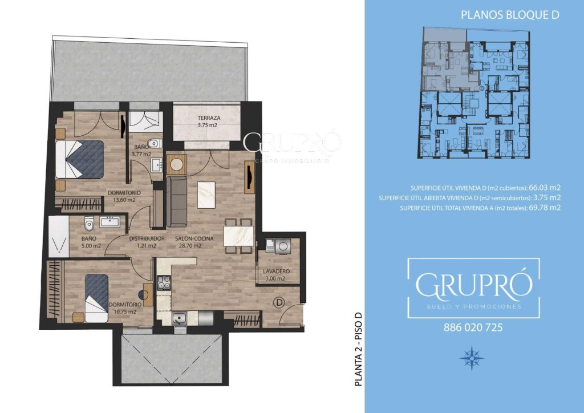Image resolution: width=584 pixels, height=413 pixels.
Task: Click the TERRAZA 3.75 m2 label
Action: pos(209,122)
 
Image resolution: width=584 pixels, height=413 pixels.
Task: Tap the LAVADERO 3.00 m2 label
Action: pos(276,275)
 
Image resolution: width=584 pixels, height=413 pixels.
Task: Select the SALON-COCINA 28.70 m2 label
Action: pos(194,242)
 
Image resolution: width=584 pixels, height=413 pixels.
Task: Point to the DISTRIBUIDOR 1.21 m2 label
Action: pos(147,242)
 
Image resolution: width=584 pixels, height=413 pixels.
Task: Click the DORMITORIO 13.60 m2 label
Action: pos(124,196)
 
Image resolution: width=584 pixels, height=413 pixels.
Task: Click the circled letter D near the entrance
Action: pos(278,302)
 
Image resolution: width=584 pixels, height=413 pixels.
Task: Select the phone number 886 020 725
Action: pos(473,327)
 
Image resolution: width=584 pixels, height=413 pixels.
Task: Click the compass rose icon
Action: pos(472,358)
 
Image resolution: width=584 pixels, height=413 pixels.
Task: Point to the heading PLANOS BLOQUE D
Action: pos(510,15)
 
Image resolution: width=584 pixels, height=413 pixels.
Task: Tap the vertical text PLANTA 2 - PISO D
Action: pos(358,348)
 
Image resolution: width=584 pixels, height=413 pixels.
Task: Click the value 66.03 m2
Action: pos(545,188)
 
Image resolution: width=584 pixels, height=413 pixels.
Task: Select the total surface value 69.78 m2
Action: pos(545,208)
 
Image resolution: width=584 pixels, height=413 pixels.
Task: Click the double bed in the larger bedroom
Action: pos(80,159)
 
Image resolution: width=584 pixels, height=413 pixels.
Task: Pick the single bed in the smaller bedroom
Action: pos(96,298)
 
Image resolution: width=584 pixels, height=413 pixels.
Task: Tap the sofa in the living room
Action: pos(177,201)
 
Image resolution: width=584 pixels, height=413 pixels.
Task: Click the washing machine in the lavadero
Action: pos(283,246)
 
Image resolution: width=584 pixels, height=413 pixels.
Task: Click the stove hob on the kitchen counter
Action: pos(164,282)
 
